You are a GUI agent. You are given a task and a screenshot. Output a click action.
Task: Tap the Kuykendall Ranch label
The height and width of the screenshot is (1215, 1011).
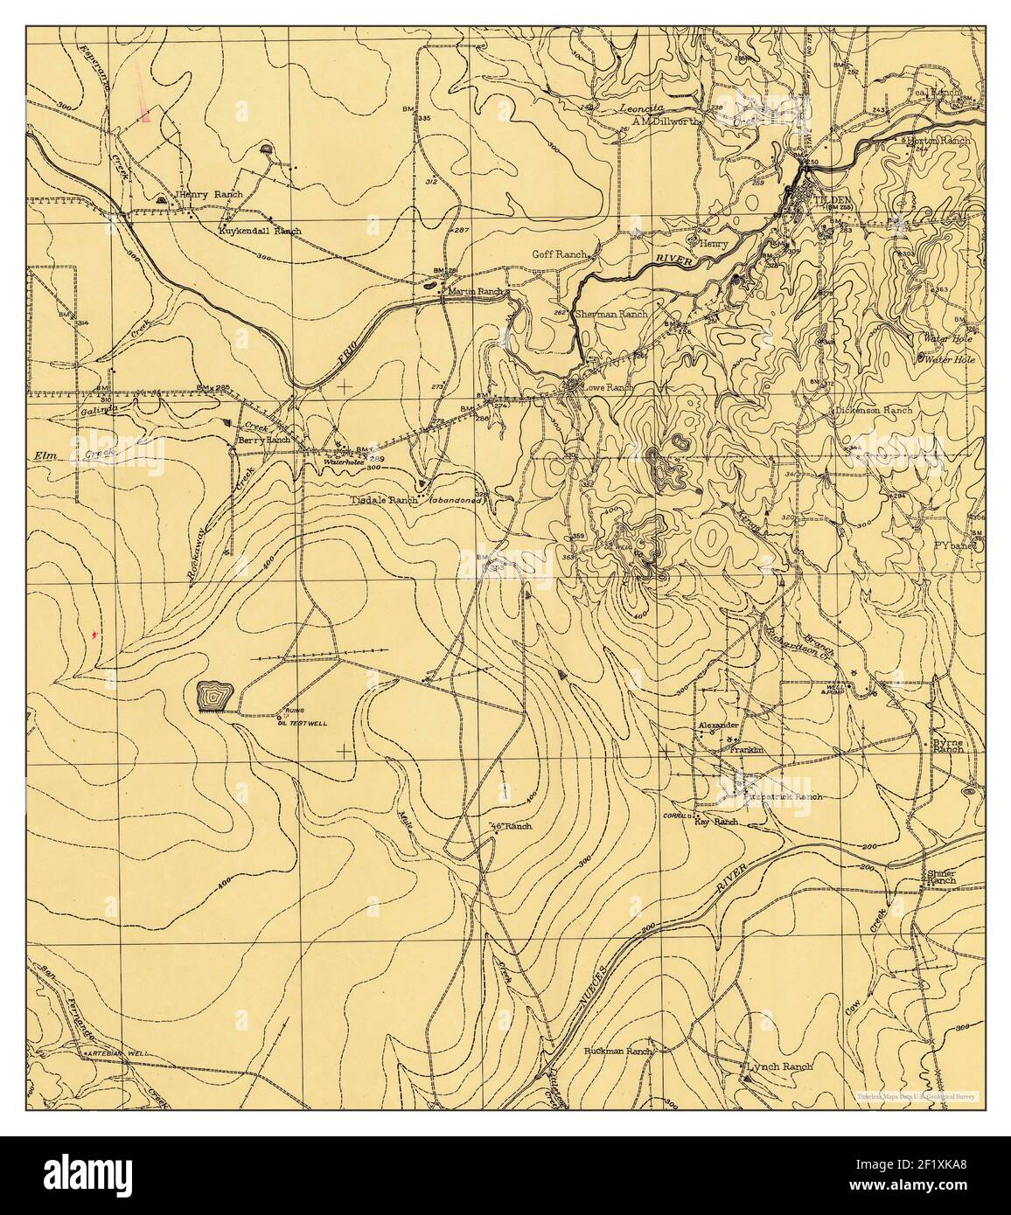(x=259, y=232)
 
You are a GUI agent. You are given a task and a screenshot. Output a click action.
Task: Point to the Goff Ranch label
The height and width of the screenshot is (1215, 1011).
(x=559, y=254)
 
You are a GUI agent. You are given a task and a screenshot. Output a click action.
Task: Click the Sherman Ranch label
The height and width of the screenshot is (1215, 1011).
(x=617, y=314)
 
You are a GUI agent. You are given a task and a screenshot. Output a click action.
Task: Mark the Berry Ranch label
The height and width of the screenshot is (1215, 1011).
(x=264, y=441)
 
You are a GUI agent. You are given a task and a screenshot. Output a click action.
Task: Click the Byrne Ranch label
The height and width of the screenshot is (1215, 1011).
(x=947, y=745)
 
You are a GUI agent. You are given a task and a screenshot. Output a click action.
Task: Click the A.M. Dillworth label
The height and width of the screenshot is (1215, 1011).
(x=666, y=122)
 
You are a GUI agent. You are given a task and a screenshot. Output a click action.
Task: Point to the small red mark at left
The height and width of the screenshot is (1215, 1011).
(x=94, y=632)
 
